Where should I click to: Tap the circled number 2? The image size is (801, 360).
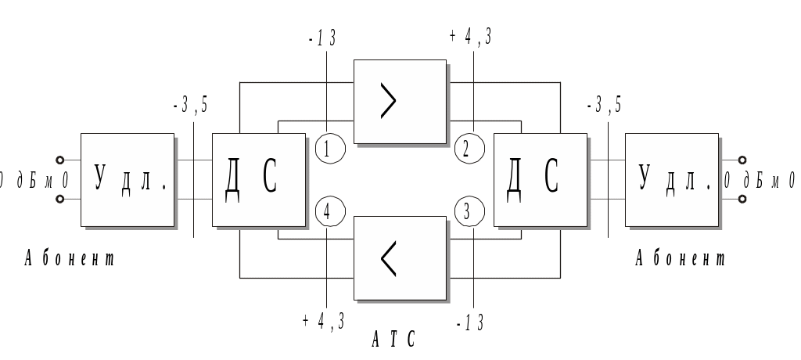(467, 149)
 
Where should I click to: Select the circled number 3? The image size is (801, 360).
(467, 211)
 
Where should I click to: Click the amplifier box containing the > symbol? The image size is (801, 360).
(400, 101)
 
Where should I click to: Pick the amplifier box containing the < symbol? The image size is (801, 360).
(400, 257)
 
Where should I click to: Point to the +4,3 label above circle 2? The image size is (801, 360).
(471, 37)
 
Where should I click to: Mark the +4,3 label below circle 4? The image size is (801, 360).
(324, 322)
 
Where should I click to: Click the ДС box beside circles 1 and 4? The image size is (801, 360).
(258, 180)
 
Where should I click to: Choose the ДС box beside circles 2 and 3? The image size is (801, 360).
(540, 180)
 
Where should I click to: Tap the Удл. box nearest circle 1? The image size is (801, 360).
(127, 179)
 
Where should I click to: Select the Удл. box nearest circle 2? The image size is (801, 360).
(671, 179)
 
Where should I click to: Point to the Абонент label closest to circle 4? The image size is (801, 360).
(70, 258)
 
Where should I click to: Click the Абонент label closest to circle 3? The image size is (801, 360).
(681, 258)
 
